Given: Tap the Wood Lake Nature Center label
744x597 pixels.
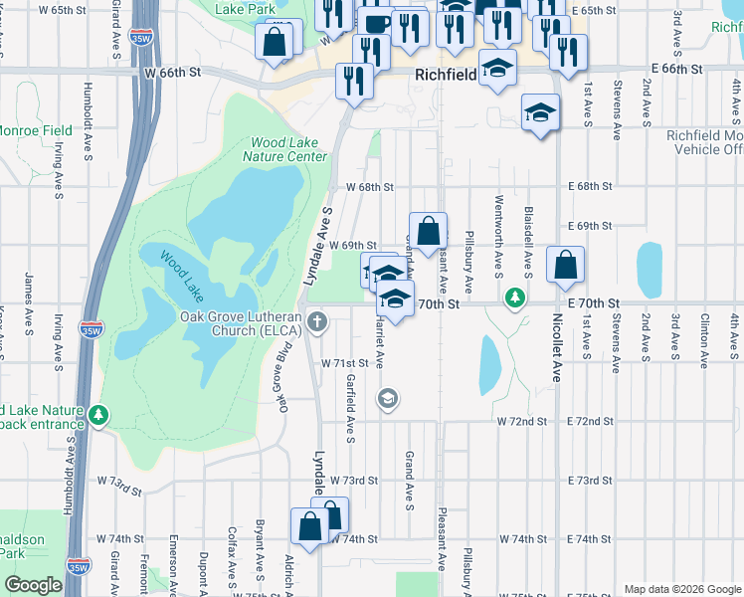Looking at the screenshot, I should (287, 149).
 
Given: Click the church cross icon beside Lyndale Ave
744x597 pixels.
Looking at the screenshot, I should (316, 320).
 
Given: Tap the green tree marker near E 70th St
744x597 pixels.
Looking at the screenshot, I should (514, 297).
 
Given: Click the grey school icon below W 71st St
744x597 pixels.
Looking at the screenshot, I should (387, 399).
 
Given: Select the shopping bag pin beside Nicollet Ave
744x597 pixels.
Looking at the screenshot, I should (564, 266).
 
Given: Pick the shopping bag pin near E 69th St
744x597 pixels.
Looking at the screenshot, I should (428, 233).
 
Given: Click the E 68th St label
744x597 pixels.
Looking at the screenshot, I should (591, 186).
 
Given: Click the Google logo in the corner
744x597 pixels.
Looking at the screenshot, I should (33, 585).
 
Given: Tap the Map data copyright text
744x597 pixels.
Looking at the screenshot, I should (681, 589).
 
